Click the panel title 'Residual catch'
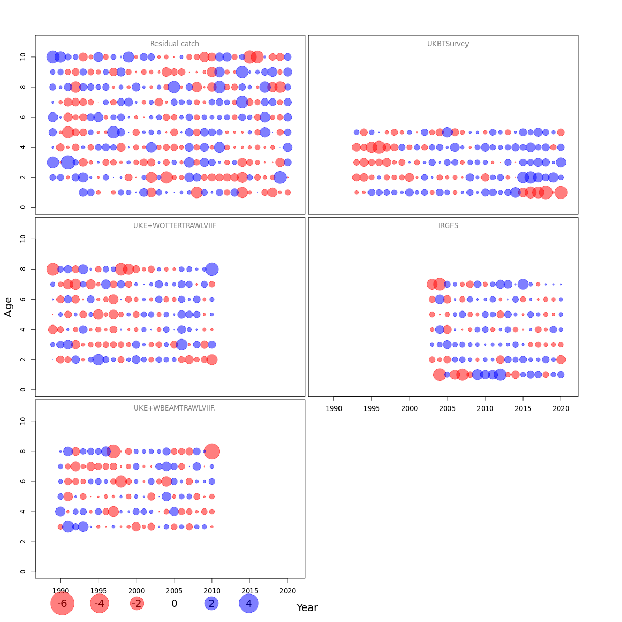[x=175, y=44]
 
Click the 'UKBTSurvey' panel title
[x=448, y=44]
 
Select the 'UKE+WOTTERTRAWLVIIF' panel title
[x=175, y=225]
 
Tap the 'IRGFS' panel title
[x=448, y=225]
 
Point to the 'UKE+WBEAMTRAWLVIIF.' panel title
[x=175, y=408]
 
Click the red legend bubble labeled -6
[x=62, y=603]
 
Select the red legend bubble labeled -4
[x=100, y=603]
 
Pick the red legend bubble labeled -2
[x=136, y=603]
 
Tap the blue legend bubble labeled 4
[x=249, y=603]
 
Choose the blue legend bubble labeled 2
[x=211, y=603]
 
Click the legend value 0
[x=174, y=603]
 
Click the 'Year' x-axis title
[x=307, y=607]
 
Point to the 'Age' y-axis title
[x=8, y=306]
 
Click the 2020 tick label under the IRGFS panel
[x=561, y=408]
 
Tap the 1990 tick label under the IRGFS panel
[x=334, y=408]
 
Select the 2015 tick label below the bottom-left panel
[x=250, y=591]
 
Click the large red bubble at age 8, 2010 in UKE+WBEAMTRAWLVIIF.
[x=212, y=451]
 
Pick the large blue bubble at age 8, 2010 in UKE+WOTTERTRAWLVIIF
[x=211, y=269]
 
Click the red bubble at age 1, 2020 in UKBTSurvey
[x=561, y=192]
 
